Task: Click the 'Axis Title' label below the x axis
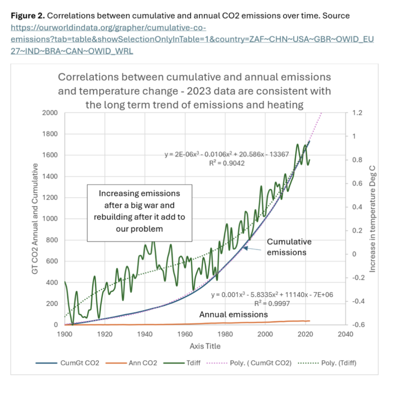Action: coord(205,346)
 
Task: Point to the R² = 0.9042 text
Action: coord(227,163)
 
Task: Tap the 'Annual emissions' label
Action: coord(233,314)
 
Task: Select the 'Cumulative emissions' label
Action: coord(289,247)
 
